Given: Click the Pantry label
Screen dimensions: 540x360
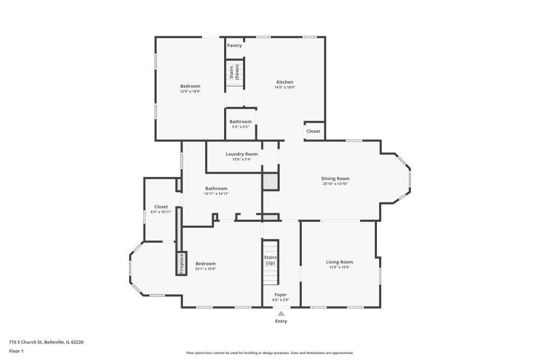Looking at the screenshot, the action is (x=234, y=45).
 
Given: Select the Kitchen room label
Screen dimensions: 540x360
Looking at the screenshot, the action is (x=285, y=82).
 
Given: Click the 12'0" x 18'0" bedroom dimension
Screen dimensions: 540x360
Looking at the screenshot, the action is (x=190, y=92).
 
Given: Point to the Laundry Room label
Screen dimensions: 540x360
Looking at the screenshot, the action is (x=242, y=154).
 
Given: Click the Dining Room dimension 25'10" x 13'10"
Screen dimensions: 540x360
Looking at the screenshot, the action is (x=335, y=184).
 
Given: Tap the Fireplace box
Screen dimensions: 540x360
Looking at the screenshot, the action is (x=181, y=264).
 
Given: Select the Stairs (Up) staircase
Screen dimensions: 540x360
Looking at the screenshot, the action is (x=271, y=262).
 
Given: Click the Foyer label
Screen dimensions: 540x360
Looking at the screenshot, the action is (x=281, y=295).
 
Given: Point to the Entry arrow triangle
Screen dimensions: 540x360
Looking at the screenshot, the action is (x=281, y=313).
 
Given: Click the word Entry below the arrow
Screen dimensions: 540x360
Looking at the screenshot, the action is (x=281, y=321).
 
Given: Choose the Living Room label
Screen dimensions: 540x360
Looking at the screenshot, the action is (x=340, y=262).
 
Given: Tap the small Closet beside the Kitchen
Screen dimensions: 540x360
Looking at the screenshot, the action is (x=313, y=131).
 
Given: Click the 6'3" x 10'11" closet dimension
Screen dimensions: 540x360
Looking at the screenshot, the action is (x=161, y=212).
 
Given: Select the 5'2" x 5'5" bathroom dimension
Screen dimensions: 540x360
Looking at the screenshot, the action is (x=241, y=127).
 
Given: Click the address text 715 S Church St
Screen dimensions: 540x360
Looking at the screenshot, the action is (x=25, y=342).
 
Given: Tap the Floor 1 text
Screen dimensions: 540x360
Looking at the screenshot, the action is (x=16, y=351).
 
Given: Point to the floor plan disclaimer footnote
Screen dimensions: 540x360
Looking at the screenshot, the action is (x=270, y=353).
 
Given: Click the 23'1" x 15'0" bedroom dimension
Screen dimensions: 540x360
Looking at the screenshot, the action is (x=206, y=269).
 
